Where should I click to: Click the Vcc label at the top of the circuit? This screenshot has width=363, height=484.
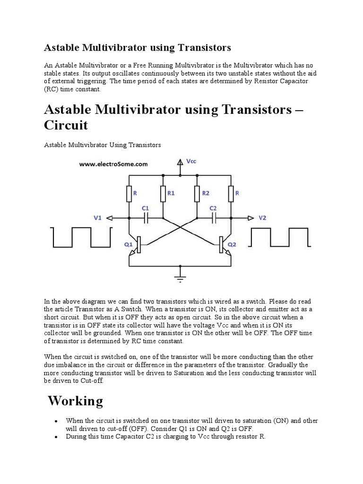191,161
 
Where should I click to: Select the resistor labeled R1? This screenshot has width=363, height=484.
163,193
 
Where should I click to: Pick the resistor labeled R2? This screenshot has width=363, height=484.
197,193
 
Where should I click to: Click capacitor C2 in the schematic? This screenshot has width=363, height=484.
214,218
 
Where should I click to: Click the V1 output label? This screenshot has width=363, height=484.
97,218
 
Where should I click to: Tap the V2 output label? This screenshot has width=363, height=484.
263,218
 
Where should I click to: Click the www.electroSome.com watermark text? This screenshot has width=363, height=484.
113,164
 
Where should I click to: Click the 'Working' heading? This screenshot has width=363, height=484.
76,401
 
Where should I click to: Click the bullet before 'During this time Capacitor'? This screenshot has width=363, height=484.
56,438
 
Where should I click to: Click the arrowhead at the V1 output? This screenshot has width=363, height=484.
109,218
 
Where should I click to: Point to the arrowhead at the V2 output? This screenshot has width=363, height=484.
250,218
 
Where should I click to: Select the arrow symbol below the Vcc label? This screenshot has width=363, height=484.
180,164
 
